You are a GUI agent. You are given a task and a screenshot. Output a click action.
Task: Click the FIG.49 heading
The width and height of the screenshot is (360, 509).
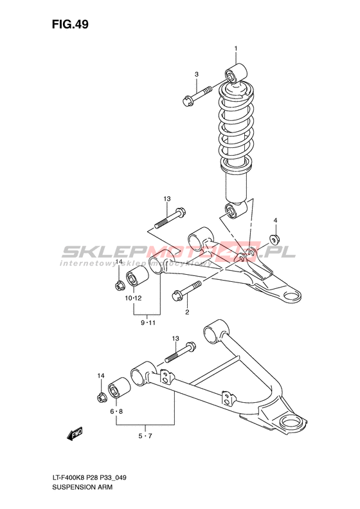point(70,24)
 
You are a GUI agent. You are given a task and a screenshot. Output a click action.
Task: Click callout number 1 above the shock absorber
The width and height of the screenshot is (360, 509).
point(236,49)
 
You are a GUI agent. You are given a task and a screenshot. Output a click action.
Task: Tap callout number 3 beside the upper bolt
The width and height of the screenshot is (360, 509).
point(197,75)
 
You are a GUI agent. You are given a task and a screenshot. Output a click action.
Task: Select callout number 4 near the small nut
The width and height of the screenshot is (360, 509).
point(275,221)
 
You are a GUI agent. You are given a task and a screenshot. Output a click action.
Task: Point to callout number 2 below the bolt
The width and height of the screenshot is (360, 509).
point(187,312)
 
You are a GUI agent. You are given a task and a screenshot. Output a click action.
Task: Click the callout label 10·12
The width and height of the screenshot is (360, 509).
point(134,298)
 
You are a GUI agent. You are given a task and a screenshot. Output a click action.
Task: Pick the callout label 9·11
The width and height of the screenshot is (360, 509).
point(148,322)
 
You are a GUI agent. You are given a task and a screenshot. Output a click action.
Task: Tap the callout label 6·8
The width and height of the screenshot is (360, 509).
point(116,411)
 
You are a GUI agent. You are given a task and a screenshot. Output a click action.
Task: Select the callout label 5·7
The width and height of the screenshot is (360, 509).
point(145,436)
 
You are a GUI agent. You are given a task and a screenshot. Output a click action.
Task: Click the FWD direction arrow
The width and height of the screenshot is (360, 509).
point(75,434)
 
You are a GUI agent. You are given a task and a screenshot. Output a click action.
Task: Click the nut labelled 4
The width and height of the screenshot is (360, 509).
point(275,239)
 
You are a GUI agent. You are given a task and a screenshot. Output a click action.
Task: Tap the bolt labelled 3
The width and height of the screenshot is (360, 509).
point(197,96)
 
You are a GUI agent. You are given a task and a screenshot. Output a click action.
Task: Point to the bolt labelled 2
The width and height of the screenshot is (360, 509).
point(187,290)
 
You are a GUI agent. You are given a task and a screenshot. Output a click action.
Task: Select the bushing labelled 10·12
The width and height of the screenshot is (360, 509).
point(137,277)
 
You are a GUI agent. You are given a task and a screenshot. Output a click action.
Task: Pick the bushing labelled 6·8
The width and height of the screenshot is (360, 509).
point(119,387)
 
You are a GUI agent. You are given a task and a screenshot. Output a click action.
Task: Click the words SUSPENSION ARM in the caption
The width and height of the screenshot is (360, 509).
point(82,487)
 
